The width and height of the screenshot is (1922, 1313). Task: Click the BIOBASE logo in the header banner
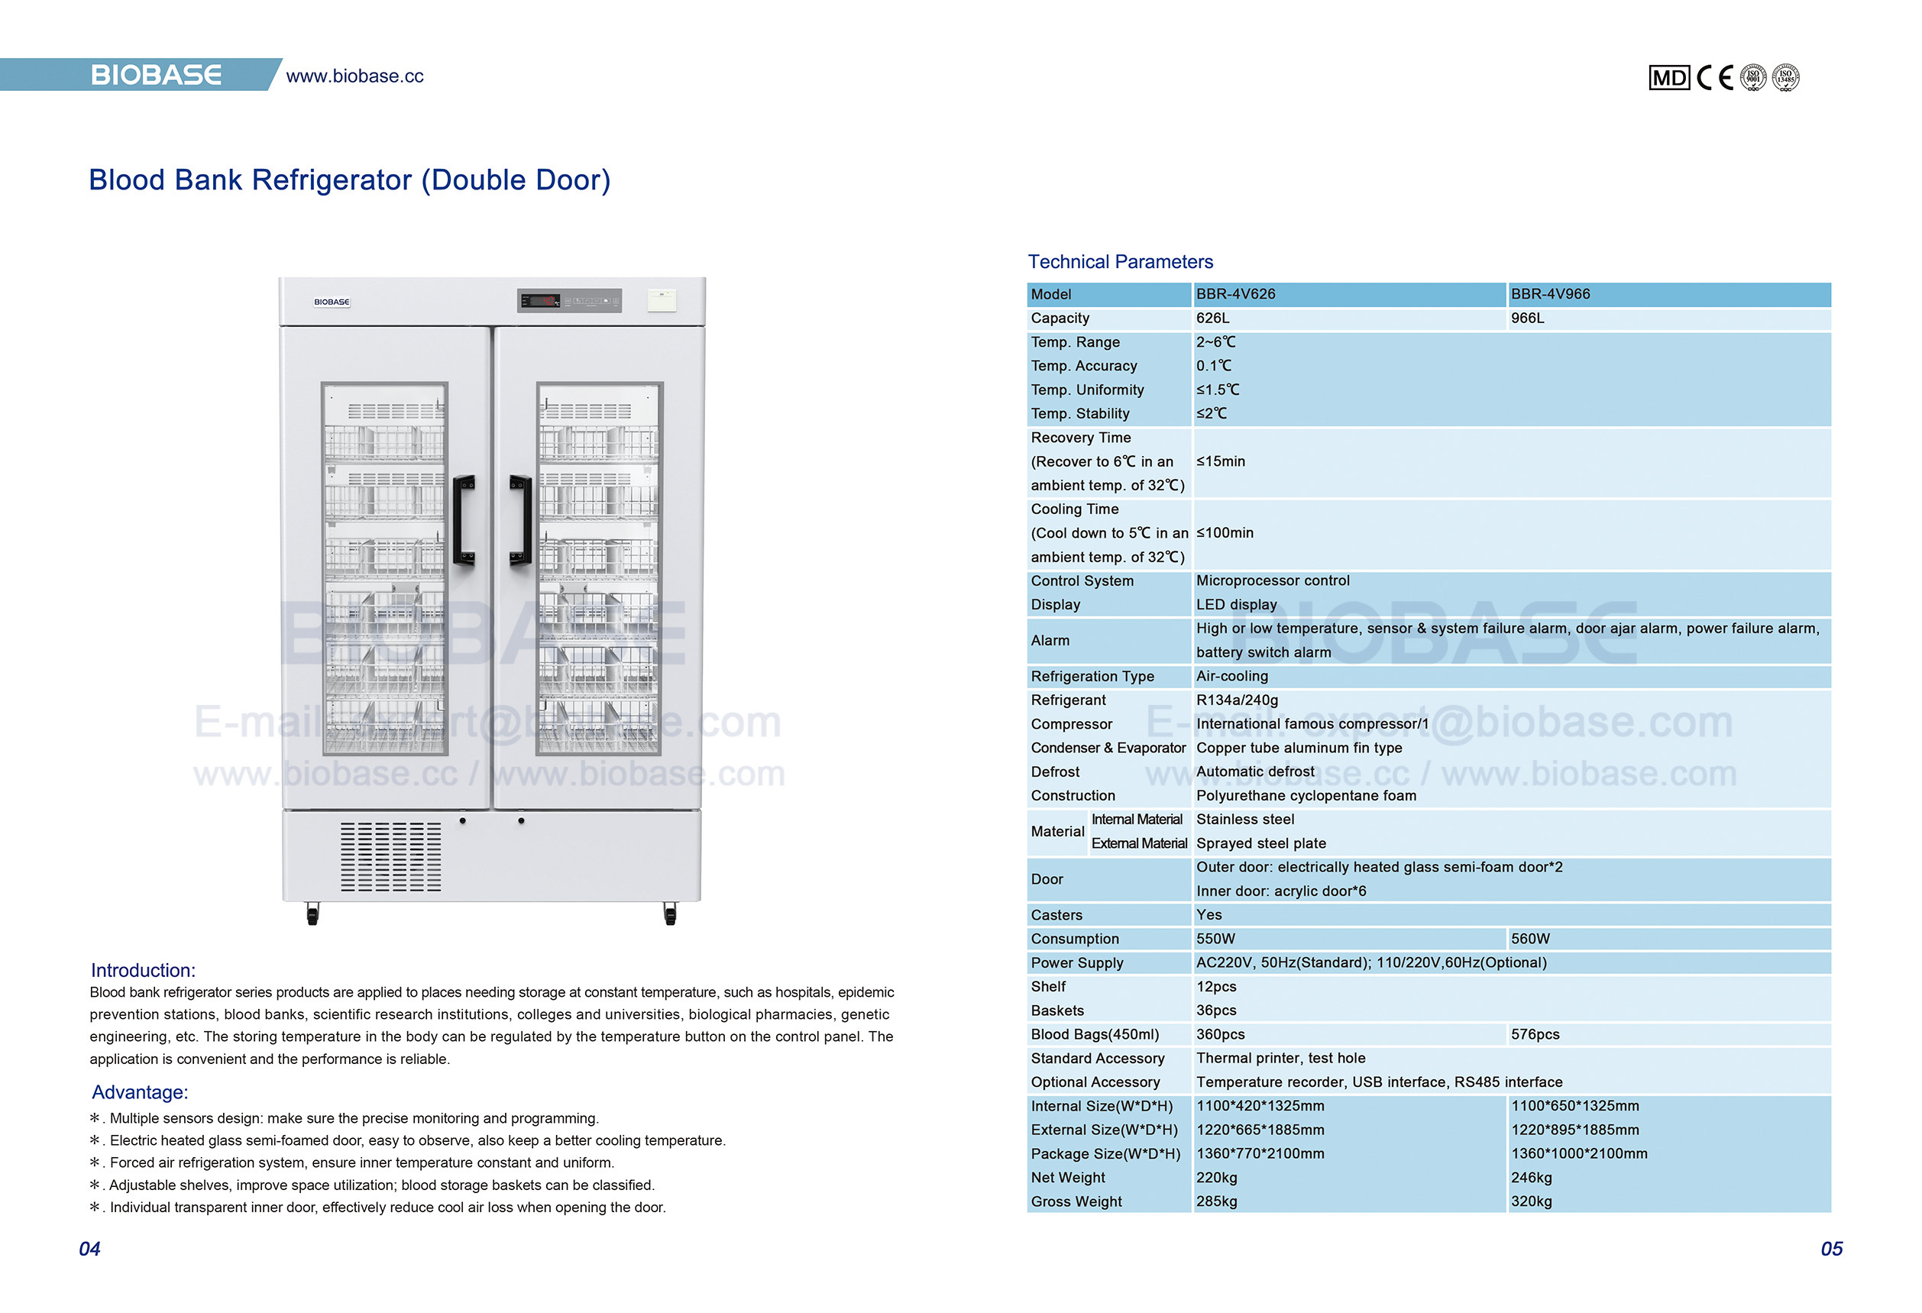(156, 76)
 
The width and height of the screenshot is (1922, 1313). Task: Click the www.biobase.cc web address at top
(354, 76)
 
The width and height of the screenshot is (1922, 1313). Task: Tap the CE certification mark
(1714, 78)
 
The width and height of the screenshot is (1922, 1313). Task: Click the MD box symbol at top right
(1668, 78)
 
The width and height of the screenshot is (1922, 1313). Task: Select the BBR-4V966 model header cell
(1550, 294)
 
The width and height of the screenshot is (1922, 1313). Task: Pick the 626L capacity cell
(1212, 319)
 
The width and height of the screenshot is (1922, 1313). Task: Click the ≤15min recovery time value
(1220, 461)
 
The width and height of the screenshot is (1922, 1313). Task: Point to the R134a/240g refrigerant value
(1237, 700)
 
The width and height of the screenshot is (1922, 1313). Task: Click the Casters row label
(1056, 915)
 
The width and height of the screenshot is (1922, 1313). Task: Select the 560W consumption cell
(1530, 939)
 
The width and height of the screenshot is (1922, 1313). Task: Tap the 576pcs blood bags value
(1535, 1034)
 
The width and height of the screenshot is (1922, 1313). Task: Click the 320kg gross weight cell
(1531, 1201)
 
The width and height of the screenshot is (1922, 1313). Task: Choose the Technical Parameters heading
(1120, 262)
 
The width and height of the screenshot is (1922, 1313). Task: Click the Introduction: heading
(143, 971)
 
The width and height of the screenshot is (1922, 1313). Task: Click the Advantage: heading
(140, 1092)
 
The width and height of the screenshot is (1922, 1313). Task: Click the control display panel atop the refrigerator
(569, 301)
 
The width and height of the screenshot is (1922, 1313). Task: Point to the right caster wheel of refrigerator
(670, 914)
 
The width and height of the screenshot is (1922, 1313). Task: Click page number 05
(1831, 1249)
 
